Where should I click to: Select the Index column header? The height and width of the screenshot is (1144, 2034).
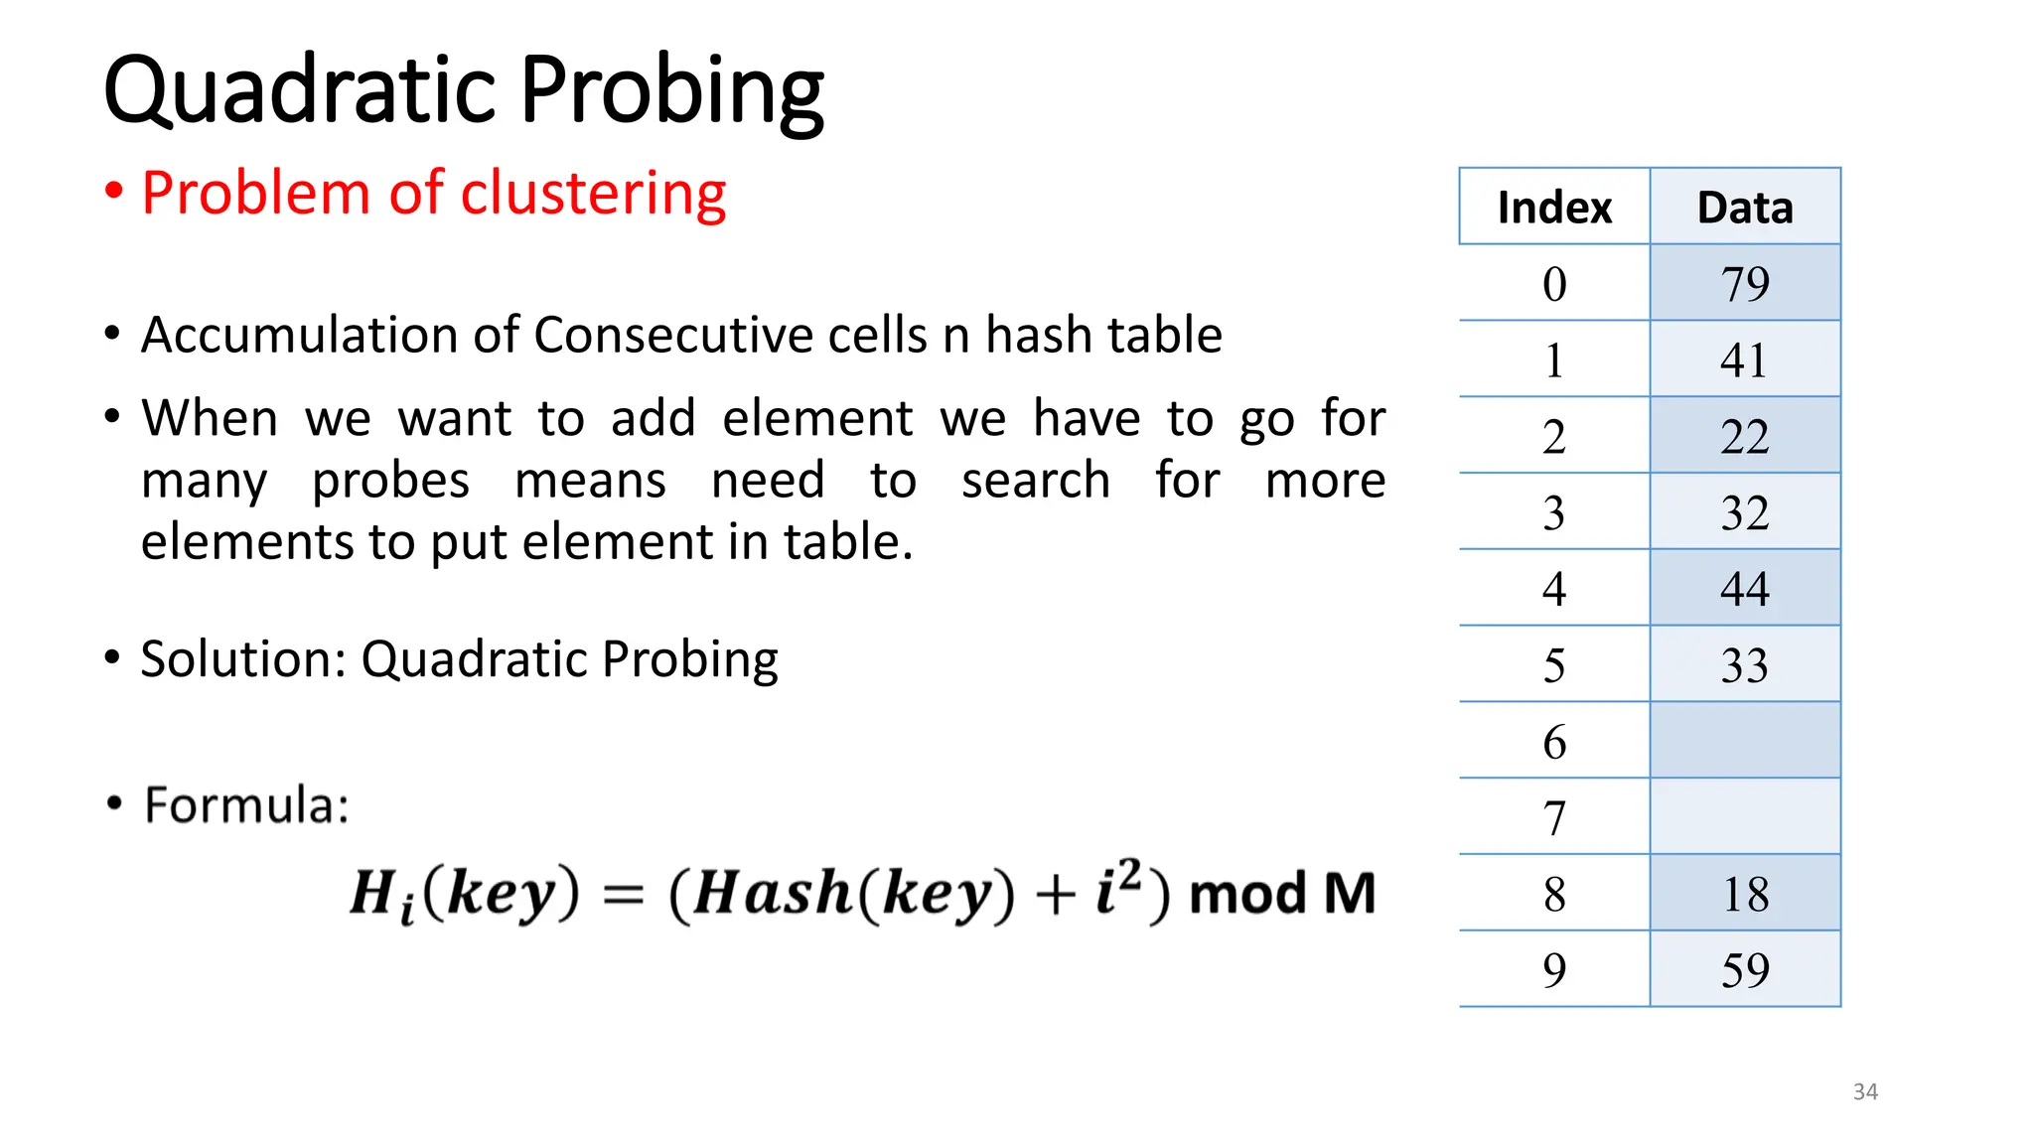pos(1554,208)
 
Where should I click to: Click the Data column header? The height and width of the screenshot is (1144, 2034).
pos(1745,208)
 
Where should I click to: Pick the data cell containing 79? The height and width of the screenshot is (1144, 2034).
pos(1745,284)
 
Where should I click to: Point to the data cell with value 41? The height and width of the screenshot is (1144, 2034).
pos(1745,360)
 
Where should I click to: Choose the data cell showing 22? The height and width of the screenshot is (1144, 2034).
pos(1745,437)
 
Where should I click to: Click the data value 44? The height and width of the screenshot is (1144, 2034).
pos(1745,589)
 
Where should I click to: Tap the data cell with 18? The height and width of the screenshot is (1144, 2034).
pos(1745,894)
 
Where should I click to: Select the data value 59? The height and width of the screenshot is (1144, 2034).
pos(1745,970)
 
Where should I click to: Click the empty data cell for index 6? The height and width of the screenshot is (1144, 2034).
pos(1745,741)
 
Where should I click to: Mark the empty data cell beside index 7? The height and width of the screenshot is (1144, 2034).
pos(1745,817)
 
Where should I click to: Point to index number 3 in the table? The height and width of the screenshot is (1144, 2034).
pos(1554,513)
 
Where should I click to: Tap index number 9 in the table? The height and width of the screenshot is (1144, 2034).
pos(1554,970)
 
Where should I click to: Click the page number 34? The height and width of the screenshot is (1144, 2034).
pos(1865,1091)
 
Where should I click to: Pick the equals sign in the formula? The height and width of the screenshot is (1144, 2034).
pos(624,895)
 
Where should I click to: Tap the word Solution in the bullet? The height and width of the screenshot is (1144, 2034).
pos(242,659)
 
